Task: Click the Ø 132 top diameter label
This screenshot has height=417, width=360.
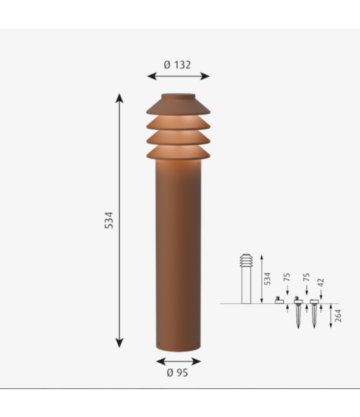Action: click(178, 64)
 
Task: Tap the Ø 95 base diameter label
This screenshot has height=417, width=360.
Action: click(178, 373)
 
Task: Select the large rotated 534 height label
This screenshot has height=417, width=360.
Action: click(108, 220)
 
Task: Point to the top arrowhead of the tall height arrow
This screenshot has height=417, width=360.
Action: click(120, 97)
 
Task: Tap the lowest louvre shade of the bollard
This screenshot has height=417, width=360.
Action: click(178, 153)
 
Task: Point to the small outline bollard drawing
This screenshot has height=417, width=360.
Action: click(246, 277)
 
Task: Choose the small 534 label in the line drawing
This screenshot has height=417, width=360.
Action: click(268, 277)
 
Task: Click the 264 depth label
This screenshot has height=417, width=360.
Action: click(338, 316)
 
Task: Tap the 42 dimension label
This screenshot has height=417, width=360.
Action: click(321, 282)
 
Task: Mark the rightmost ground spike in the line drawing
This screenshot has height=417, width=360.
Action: click(314, 313)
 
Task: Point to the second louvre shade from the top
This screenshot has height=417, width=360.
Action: click(178, 123)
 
